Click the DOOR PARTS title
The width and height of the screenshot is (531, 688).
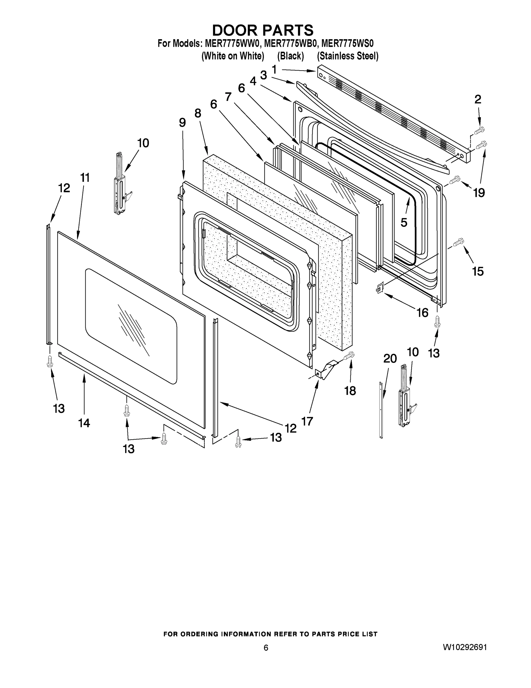[263, 31]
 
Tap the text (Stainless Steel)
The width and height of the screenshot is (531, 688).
[348, 56]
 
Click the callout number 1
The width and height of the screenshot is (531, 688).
[274, 69]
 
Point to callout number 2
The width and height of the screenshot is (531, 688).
[477, 99]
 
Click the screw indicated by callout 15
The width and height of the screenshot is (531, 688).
[459, 242]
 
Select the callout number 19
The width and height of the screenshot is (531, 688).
[479, 192]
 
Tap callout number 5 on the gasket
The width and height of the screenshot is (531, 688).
[404, 222]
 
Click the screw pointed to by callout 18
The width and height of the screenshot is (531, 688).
[349, 356]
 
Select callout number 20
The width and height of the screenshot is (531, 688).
[390, 359]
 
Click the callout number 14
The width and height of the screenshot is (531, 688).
[84, 423]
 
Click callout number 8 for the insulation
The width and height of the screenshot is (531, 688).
[198, 113]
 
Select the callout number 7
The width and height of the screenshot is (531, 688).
[228, 96]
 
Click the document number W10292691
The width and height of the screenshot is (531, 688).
[465, 647]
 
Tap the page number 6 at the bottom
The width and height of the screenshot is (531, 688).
[266, 648]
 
